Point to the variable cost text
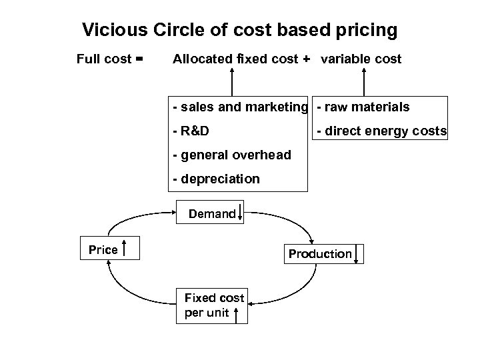(x=361, y=59)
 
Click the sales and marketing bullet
(x=240, y=107)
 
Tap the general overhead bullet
(x=231, y=155)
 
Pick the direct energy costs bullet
(x=381, y=131)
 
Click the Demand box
(x=211, y=214)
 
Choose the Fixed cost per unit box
(x=211, y=306)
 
